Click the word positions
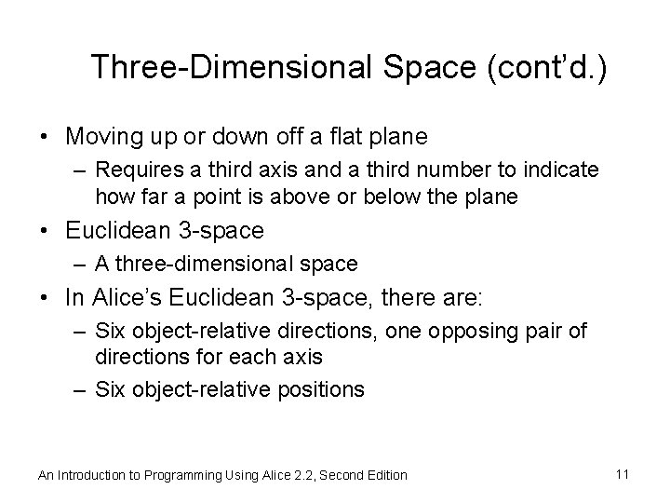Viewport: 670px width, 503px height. pos(320,389)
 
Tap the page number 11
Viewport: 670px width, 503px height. pos(623,474)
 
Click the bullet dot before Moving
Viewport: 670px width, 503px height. pos(45,138)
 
